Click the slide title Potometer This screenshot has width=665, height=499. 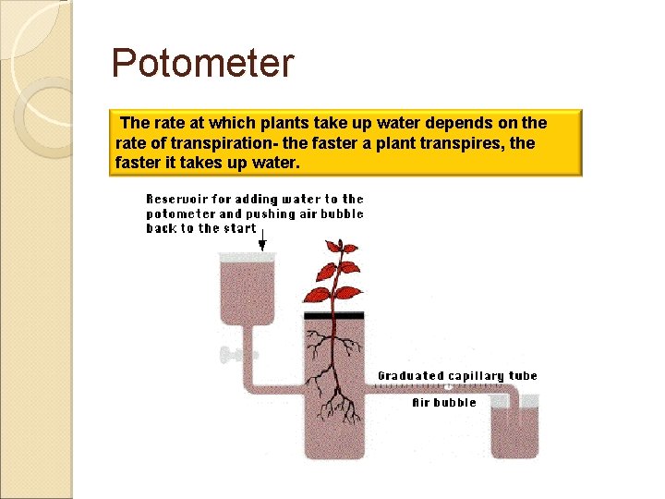tap(202, 65)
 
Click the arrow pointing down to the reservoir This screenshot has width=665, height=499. tap(262, 240)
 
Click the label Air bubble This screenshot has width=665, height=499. tap(444, 403)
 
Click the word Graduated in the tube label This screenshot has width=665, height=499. tap(410, 376)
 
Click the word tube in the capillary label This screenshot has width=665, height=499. tap(523, 376)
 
